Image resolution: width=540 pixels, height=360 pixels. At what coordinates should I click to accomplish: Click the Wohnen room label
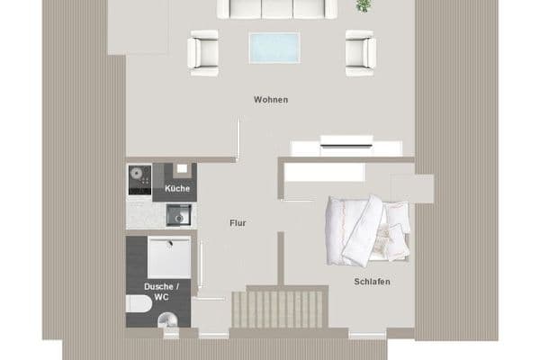271,100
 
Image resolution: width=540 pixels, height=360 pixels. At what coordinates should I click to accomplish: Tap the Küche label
177,188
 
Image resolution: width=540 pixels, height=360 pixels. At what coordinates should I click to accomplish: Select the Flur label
238,222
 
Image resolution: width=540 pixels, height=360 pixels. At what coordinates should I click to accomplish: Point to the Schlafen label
372,282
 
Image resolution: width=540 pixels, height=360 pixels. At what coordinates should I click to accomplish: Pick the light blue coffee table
274,47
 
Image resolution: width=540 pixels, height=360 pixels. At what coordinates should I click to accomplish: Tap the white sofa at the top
276,8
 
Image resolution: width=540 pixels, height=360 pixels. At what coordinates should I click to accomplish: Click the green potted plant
363,5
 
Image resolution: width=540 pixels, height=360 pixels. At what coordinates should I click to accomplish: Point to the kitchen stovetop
139,181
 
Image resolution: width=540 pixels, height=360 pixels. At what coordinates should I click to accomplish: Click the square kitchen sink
179,215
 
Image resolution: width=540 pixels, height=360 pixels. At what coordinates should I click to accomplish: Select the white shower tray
169,257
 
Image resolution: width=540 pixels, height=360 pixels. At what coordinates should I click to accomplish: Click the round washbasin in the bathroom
170,319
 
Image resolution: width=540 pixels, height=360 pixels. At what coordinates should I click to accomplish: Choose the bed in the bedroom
367,229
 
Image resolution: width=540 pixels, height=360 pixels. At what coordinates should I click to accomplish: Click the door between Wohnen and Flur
238,139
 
